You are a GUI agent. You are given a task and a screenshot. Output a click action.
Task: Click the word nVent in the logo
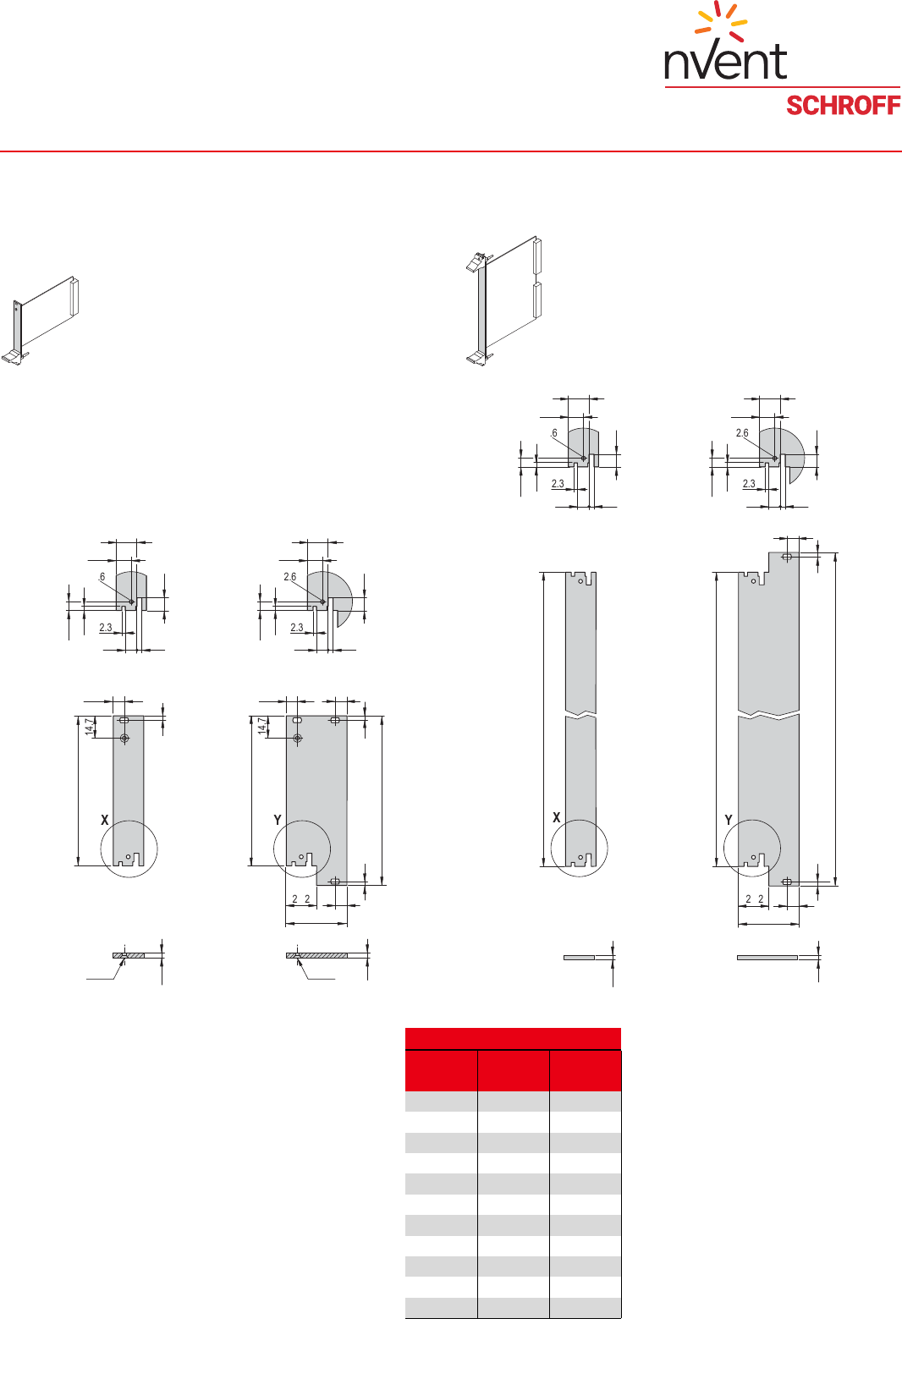(x=726, y=62)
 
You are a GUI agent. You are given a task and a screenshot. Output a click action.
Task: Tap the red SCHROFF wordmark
(x=844, y=106)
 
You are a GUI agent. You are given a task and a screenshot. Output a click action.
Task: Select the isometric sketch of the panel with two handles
(x=504, y=300)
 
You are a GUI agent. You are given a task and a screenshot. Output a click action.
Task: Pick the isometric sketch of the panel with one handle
(x=40, y=320)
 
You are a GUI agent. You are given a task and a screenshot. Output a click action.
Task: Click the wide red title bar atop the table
(x=513, y=1038)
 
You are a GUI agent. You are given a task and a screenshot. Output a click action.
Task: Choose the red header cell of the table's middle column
(x=514, y=1070)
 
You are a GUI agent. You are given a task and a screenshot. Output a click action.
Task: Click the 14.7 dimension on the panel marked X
(x=90, y=727)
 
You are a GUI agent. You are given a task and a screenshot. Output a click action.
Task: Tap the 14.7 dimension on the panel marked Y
(x=262, y=727)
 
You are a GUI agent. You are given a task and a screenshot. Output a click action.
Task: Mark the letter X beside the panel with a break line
(x=556, y=818)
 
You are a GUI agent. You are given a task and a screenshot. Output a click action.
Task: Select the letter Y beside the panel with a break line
(x=729, y=821)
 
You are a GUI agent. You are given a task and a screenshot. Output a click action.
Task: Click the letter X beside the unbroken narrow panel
(x=104, y=821)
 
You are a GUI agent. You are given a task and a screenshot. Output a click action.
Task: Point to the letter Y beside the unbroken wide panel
(x=278, y=821)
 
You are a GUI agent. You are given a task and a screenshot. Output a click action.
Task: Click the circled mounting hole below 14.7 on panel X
(x=124, y=739)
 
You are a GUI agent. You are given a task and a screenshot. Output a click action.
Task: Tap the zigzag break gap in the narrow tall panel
(x=580, y=715)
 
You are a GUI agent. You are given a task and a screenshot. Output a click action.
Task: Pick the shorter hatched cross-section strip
(x=129, y=955)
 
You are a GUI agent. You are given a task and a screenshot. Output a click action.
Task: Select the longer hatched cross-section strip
(x=316, y=956)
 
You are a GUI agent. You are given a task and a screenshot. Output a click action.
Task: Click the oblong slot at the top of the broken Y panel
(x=787, y=558)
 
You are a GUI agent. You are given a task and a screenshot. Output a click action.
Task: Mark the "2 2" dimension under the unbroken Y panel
(x=301, y=898)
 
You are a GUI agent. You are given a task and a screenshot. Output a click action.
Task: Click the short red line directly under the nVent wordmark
(x=782, y=87)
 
